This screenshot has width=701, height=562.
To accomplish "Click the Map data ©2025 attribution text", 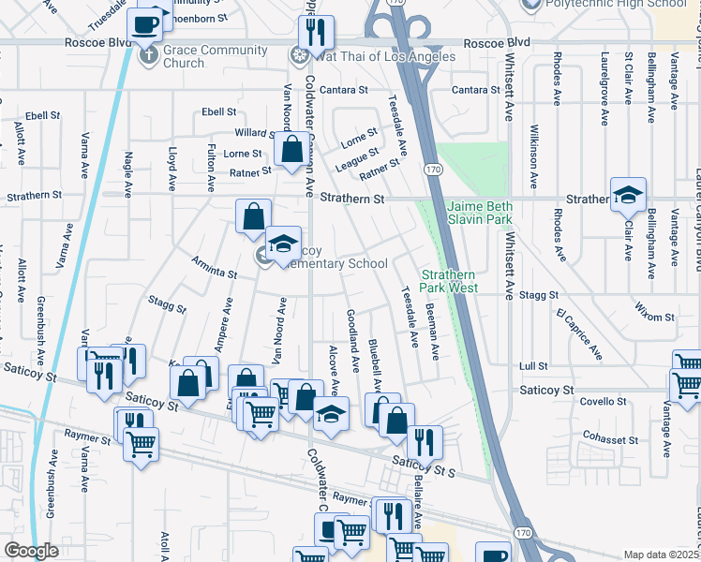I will pos(662,555).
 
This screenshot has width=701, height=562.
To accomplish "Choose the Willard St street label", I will pos(254,134).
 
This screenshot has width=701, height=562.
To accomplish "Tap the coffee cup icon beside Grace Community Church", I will pos(145,23).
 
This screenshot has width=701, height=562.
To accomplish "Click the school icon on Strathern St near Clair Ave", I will pos(627,194).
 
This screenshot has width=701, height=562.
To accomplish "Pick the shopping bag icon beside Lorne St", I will pos(292,147).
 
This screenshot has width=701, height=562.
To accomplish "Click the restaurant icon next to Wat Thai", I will pos(316,32).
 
